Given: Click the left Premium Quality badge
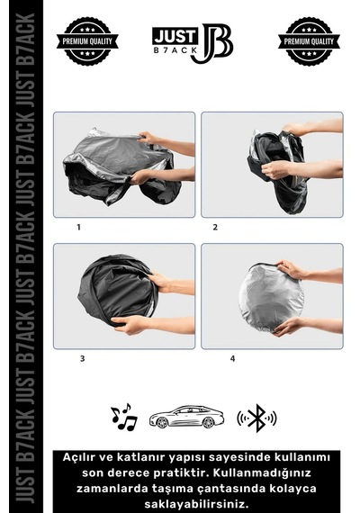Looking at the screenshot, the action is click(x=87, y=41).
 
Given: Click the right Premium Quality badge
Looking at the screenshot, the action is click(x=309, y=41).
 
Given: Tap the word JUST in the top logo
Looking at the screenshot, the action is click(x=175, y=36).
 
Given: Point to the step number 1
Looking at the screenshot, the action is click(x=78, y=227).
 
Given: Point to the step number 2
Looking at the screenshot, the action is click(x=215, y=227).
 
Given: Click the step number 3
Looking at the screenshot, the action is click(x=82, y=358).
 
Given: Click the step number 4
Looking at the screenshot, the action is click(x=232, y=358).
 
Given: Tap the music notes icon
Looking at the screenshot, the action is click(x=123, y=417).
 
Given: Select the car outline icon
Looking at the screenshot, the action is click(x=186, y=417).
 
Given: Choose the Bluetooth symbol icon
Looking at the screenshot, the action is click(x=256, y=418).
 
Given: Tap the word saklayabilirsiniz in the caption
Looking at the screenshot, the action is click(x=196, y=503).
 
